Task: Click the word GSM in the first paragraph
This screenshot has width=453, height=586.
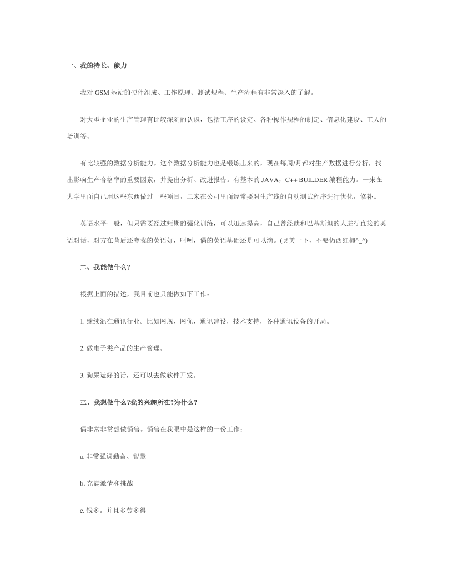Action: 102,92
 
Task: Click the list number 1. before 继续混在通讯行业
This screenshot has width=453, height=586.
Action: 82,321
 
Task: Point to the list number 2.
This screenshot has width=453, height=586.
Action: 82,348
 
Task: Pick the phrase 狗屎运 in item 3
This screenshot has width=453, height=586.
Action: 96,375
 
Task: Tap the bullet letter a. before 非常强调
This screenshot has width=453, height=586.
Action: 82,456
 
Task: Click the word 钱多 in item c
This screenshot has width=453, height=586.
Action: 92,509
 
